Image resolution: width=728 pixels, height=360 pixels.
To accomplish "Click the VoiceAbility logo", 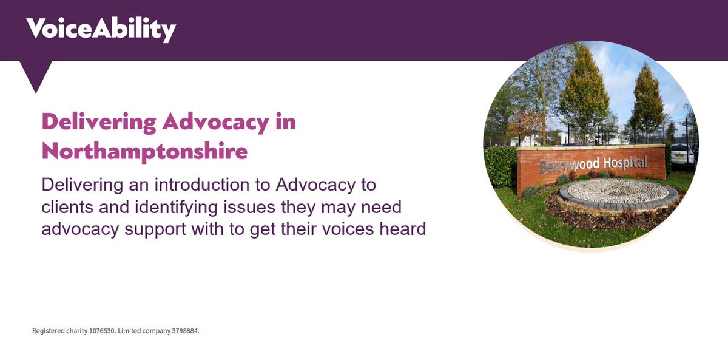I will pos(101,29).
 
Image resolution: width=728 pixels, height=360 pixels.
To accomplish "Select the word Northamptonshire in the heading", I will pos(144,151).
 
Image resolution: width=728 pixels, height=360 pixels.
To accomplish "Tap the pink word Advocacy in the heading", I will pos(215,123).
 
